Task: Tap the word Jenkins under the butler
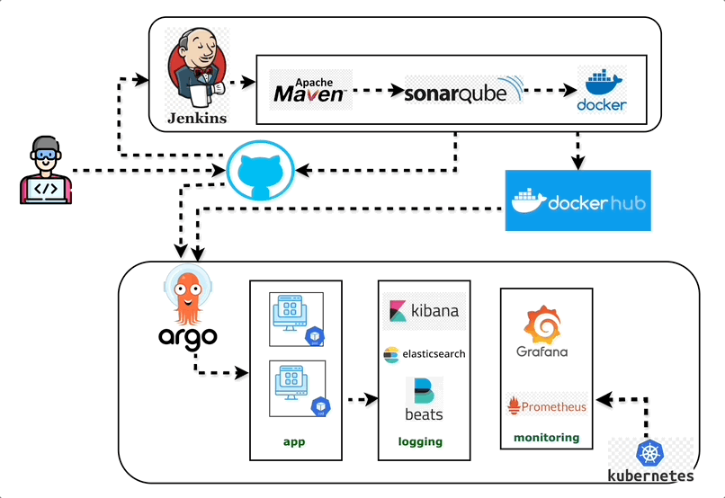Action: (x=197, y=118)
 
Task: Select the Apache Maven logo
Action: (x=309, y=90)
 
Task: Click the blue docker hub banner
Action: (x=577, y=200)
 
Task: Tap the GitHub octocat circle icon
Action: (x=261, y=171)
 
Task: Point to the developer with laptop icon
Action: (x=44, y=170)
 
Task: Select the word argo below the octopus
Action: (x=188, y=338)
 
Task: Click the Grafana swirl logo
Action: (x=542, y=332)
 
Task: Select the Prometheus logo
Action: (x=547, y=406)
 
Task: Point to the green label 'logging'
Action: (x=420, y=441)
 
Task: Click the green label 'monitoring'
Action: (x=546, y=438)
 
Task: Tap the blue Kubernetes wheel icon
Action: (x=649, y=453)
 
